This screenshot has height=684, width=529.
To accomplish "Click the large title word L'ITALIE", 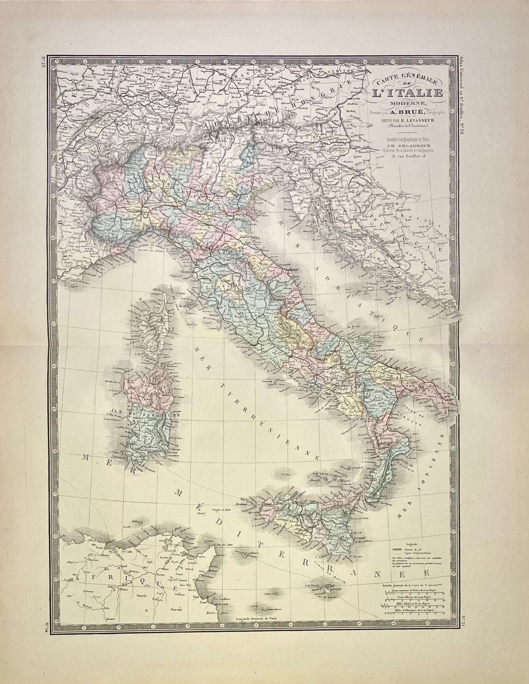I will [x=407, y=93].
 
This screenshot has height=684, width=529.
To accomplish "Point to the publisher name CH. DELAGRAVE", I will [x=413, y=145].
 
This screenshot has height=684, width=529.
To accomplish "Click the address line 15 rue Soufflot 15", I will [x=412, y=155].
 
